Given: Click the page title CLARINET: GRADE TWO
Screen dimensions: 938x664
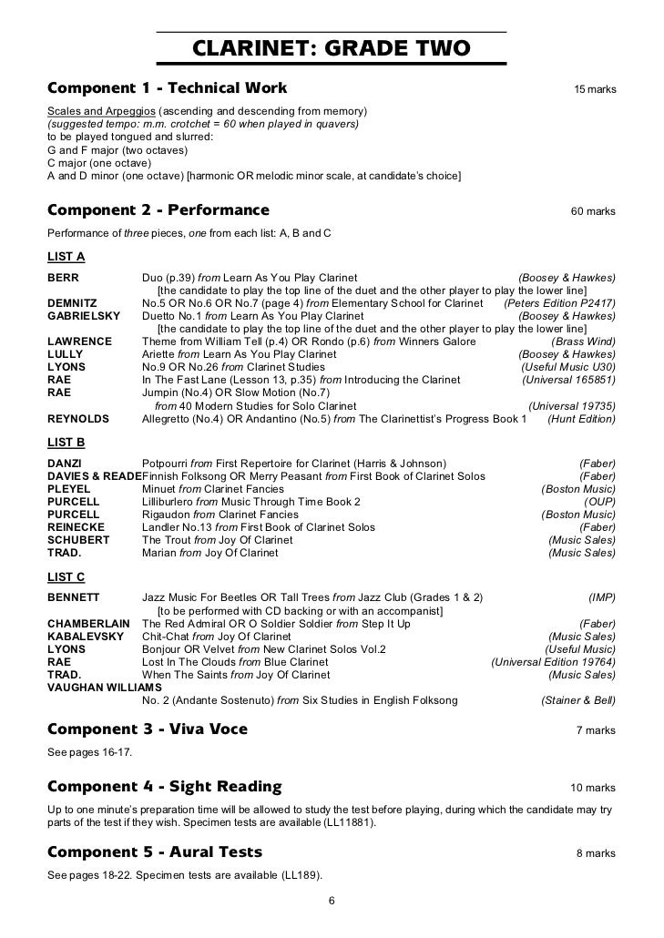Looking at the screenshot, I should tap(331, 47).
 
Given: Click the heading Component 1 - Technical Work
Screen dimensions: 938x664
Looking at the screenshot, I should tap(167, 88).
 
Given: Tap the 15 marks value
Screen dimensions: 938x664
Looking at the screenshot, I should tap(594, 90).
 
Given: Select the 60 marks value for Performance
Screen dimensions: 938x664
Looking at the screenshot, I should tap(593, 212).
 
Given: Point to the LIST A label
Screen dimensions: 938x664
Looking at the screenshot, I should tap(66, 257).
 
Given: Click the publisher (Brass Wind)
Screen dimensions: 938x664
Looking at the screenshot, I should tap(583, 342).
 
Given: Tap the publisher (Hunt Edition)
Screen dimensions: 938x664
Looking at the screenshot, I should tap(581, 419).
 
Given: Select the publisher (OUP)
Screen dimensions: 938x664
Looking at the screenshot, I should tap(599, 502).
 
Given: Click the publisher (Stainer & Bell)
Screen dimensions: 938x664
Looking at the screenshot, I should tap(578, 700).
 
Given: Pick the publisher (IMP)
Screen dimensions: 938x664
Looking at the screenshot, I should tap(601, 597).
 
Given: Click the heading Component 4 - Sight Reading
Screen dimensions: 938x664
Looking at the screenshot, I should tap(164, 787).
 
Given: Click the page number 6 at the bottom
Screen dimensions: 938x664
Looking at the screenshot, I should tap(332, 902).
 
